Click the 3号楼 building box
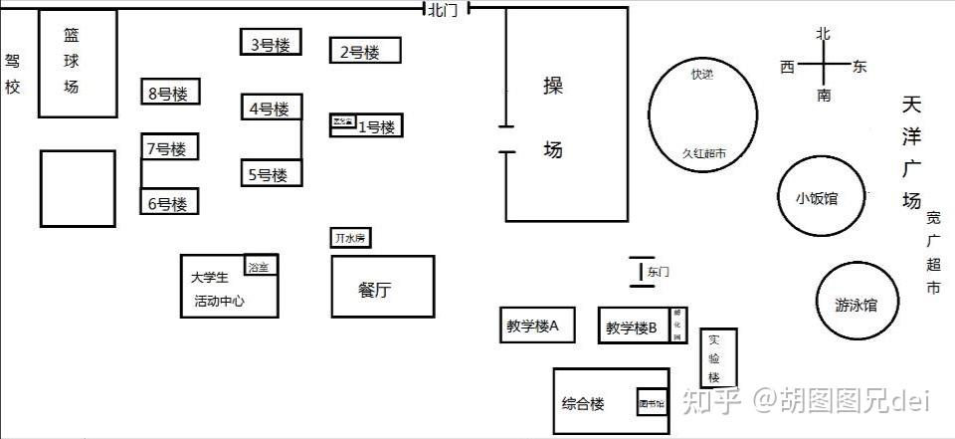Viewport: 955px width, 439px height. [x=271, y=43]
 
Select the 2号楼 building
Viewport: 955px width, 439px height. [x=365, y=51]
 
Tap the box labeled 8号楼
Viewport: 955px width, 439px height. [x=169, y=93]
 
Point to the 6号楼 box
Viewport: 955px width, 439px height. [x=169, y=202]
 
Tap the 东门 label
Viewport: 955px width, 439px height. [x=658, y=271]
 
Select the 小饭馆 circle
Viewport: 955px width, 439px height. [x=818, y=197]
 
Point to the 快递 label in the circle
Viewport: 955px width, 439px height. [x=702, y=74]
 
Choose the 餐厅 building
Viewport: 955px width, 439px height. [x=382, y=287]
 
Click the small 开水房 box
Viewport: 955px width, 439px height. [x=351, y=238]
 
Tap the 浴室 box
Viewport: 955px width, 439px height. [x=261, y=265]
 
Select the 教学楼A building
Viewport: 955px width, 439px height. [x=536, y=325]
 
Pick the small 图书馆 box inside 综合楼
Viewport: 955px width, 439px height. [x=652, y=401]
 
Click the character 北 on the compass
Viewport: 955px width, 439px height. [x=823, y=34]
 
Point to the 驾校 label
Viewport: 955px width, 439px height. [x=12, y=74]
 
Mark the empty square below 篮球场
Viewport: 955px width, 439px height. [x=77, y=187]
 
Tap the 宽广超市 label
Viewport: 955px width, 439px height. [x=933, y=253]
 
